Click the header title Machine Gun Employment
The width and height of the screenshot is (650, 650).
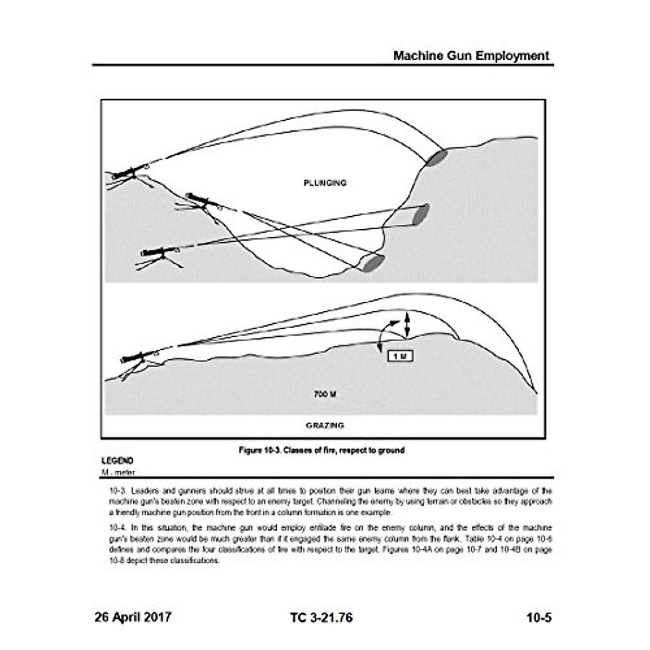pyautogui.click(x=471, y=56)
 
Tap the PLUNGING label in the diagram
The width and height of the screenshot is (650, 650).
pyautogui.click(x=324, y=183)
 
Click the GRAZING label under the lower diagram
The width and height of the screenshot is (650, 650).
pyautogui.click(x=324, y=426)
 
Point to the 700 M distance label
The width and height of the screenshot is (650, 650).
pyautogui.click(x=324, y=394)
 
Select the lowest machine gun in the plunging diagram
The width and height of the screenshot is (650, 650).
pyautogui.click(x=160, y=252)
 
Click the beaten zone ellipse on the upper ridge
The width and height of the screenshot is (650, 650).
pyautogui.click(x=437, y=157)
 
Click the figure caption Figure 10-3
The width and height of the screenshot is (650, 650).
pyautogui.click(x=322, y=450)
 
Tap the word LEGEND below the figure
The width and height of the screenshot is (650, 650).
pyautogui.click(x=117, y=461)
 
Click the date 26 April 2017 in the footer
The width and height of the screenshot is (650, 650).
pyautogui.click(x=133, y=602)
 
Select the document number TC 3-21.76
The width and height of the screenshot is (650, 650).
pyautogui.click(x=321, y=602)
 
